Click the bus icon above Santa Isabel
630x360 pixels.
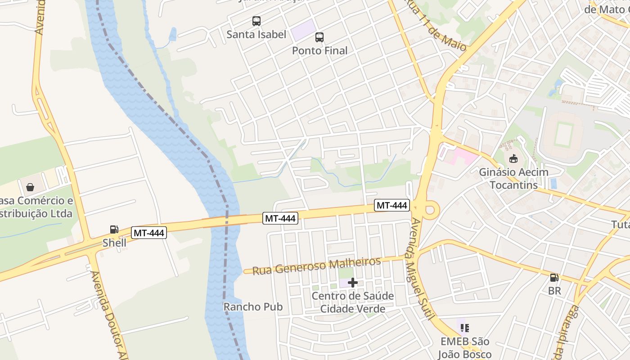pyautogui.click(x=256, y=21)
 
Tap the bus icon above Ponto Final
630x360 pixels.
pyautogui.click(x=319, y=37)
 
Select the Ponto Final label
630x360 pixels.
pyautogui.click(x=319, y=51)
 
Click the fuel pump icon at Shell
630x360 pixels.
pyautogui.click(x=114, y=229)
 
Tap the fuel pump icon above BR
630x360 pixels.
pyautogui.click(x=554, y=278)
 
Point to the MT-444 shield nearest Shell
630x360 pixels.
pyautogui.click(x=149, y=233)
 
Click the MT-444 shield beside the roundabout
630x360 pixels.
pyautogui.click(x=392, y=206)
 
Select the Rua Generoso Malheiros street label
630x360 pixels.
pyautogui.click(x=316, y=265)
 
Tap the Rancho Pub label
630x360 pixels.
pyautogui.click(x=253, y=307)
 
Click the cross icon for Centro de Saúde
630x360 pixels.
pyautogui.click(x=353, y=283)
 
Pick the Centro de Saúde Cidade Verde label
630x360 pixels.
pyautogui.click(x=352, y=302)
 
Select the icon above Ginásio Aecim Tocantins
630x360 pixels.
pyautogui.click(x=513, y=158)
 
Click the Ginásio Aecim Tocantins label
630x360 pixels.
pyautogui.click(x=513, y=179)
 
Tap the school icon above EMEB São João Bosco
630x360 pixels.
pyautogui.click(x=464, y=328)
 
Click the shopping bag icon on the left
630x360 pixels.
pyautogui.click(x=30, y=187)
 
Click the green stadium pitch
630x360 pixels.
pyautogui.click(x=562, y=134)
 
